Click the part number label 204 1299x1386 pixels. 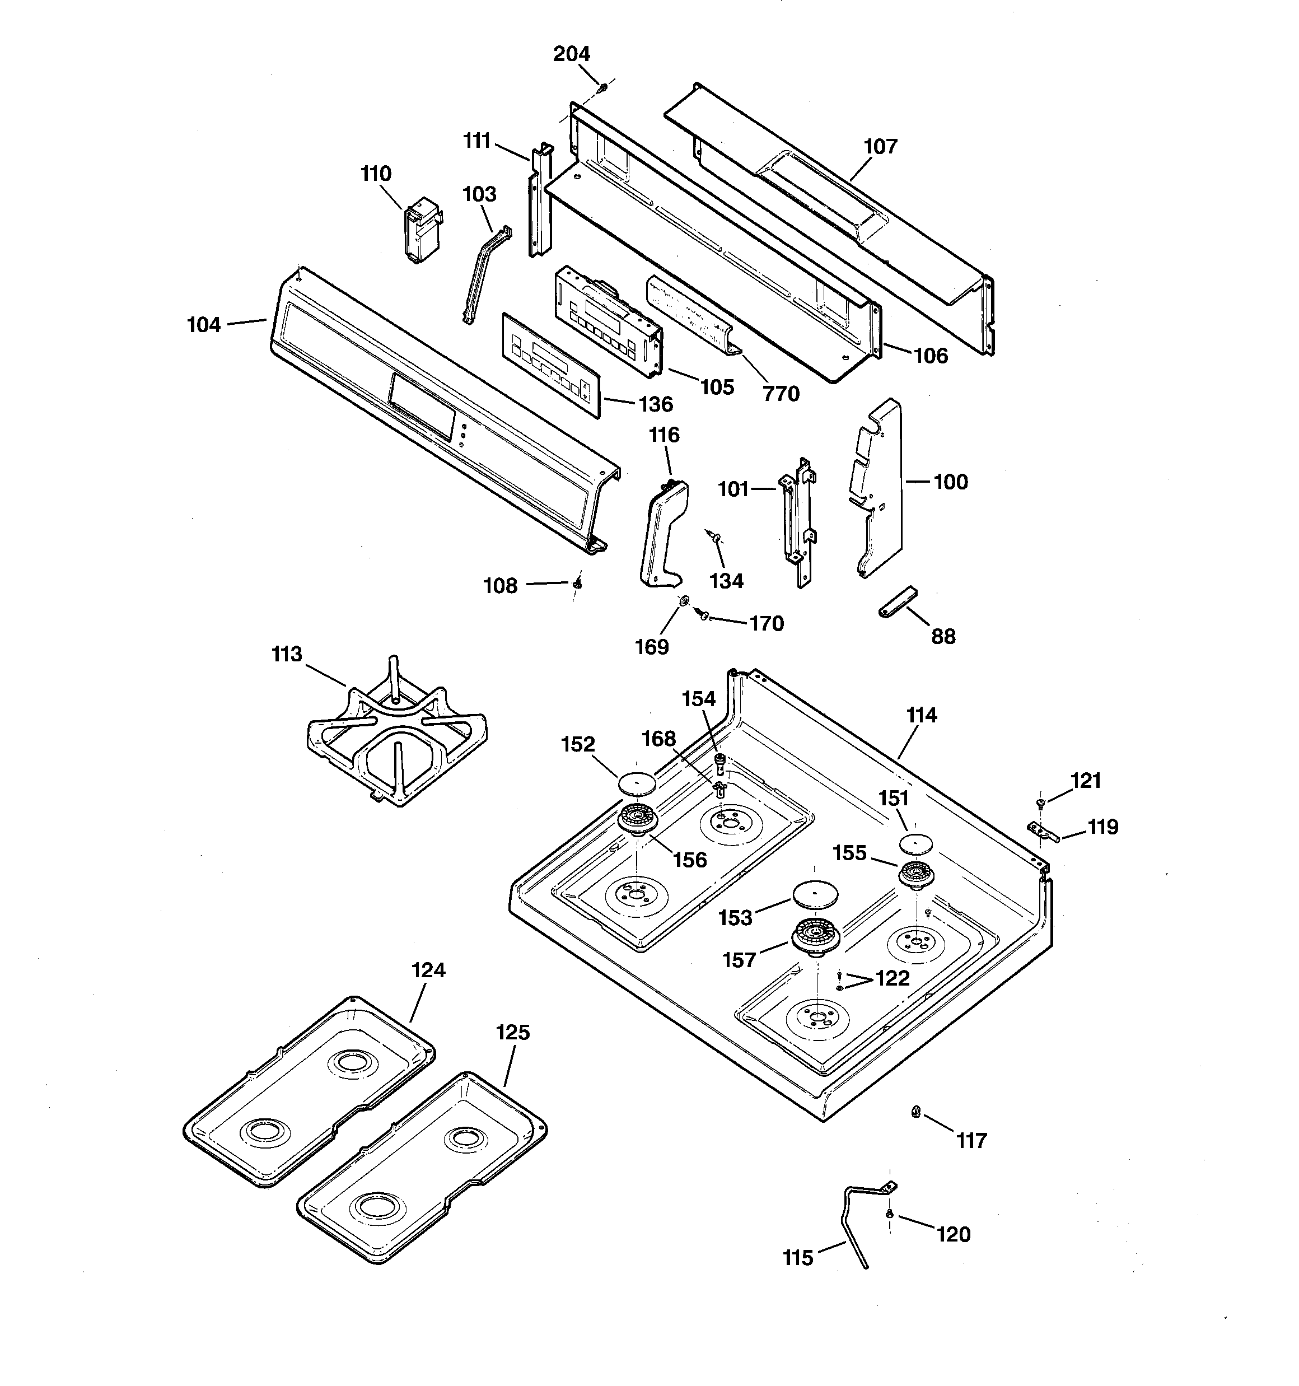572,54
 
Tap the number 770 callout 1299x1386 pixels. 781,394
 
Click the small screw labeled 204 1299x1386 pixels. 603,87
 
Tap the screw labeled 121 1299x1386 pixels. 1040,803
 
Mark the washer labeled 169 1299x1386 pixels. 685,601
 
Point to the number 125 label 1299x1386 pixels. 513,1032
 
